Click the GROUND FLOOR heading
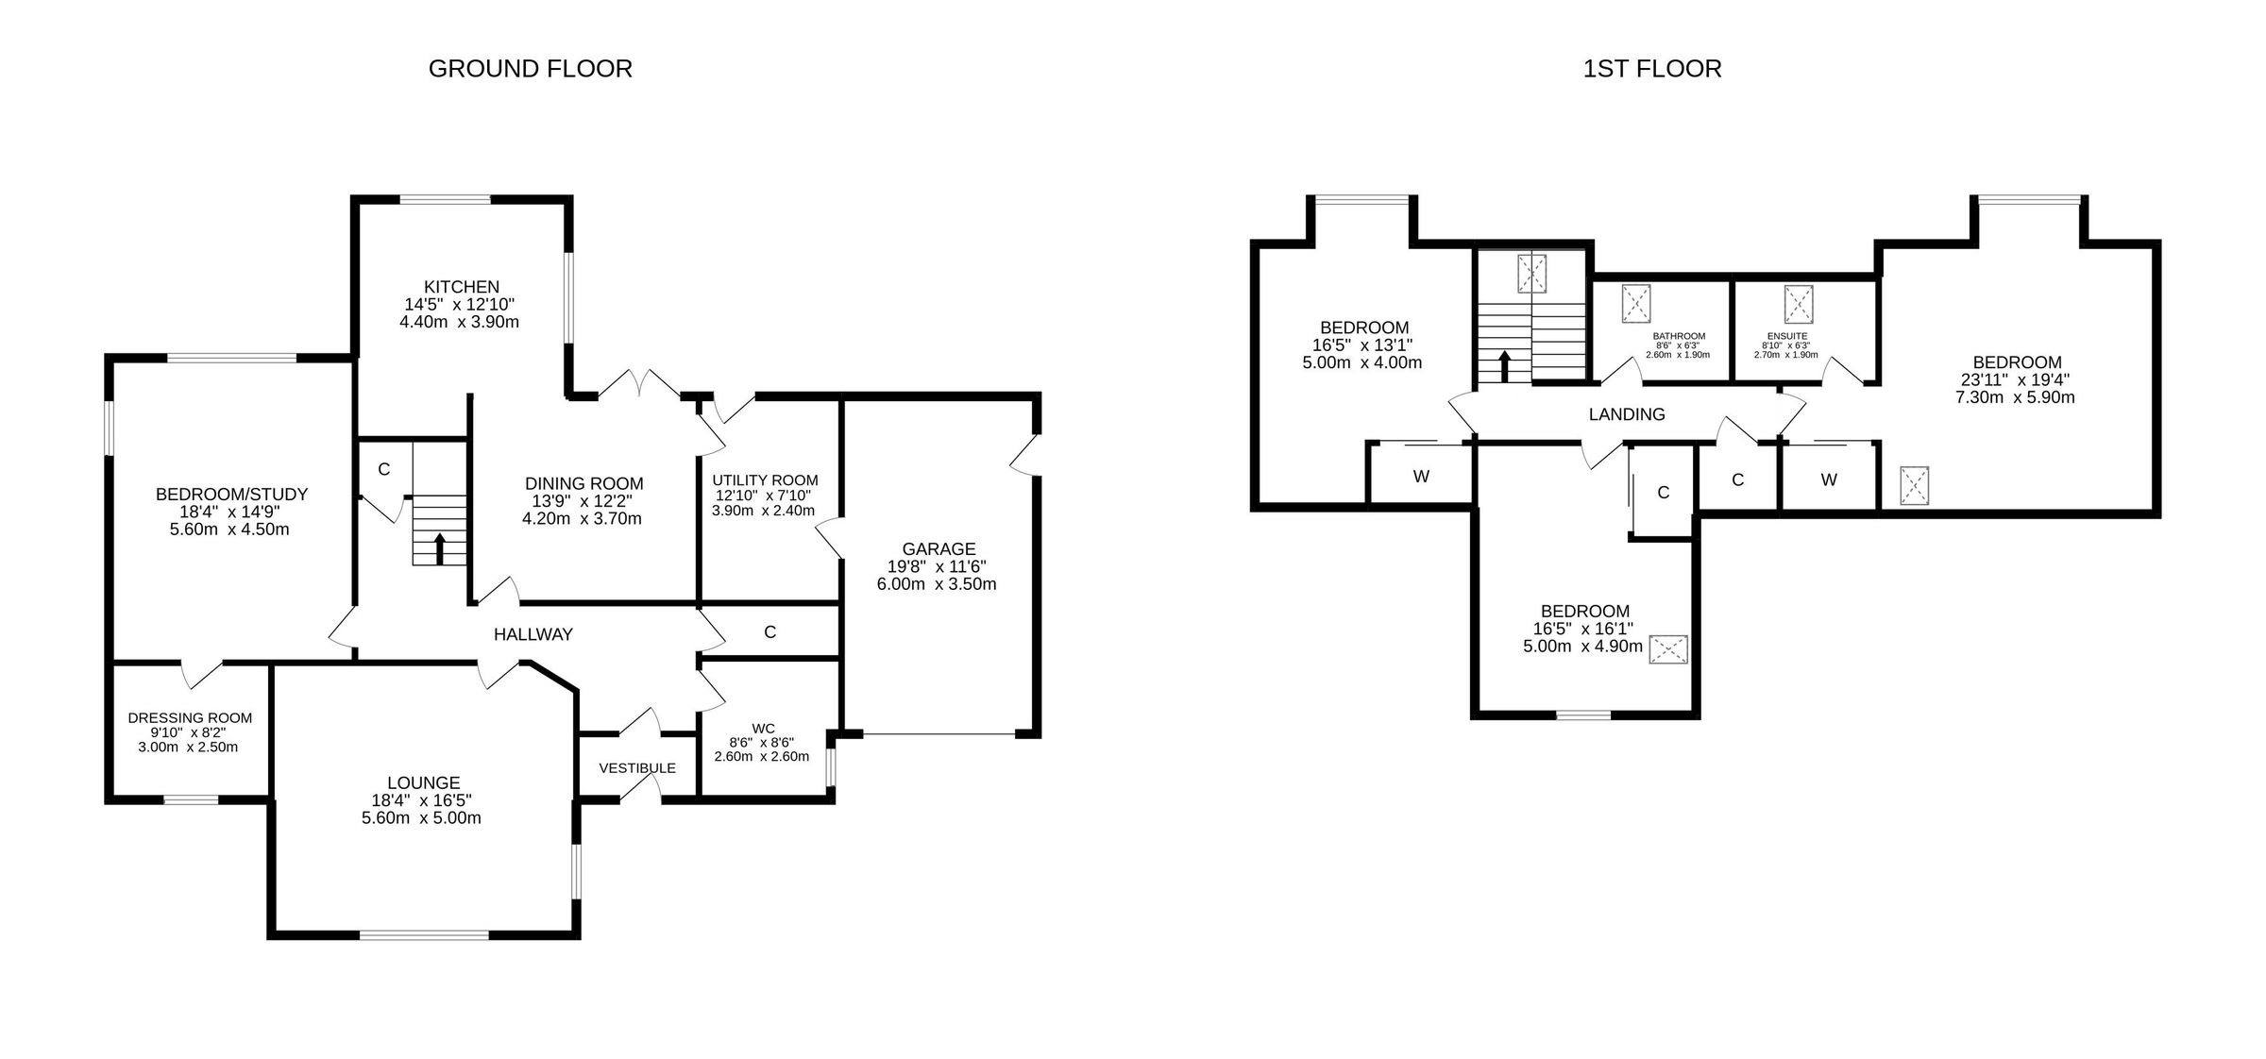coord(530,69)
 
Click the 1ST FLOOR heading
coord(1652,69)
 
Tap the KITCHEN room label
coord(461,287)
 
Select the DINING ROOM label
coord(583,484)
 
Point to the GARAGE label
coord(938,549)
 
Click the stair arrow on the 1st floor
coord(1505,366)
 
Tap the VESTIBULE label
coord(637,768)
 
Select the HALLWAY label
coord(533,635)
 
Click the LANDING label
coord(1626,414)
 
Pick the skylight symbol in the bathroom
coord(1636,304)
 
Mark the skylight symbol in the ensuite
coord(1799,304)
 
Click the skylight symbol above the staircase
coord(1531,274)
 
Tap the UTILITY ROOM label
coord(765,480)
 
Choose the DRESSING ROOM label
coord(190,718)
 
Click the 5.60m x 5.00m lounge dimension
coord(421,818)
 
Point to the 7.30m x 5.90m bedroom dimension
coord(2015,397)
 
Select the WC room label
coord(763,729)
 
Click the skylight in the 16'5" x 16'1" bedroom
coord(1668,649)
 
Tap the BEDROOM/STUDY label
coord(231,495)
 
